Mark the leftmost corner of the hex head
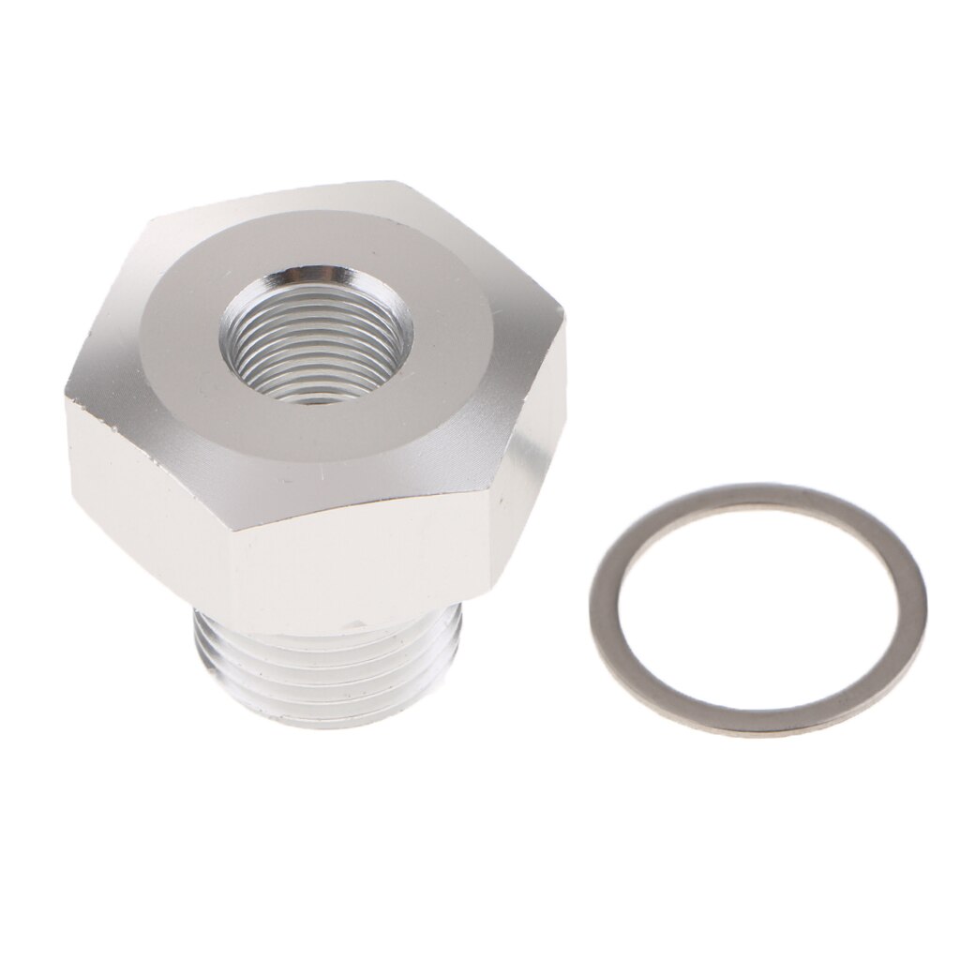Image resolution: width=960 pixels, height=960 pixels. (x=67, y=394)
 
